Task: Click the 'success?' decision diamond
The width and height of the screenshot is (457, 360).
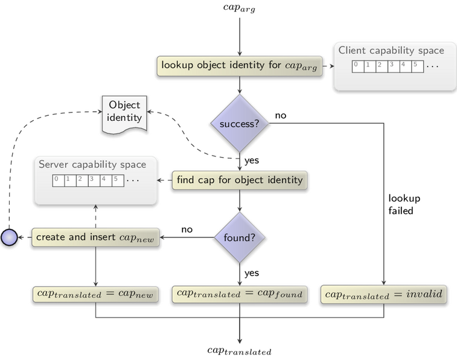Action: click(240, 123)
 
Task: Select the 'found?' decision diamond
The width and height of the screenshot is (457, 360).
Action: click(240, 237)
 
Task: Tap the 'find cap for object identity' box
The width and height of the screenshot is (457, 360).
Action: click(240, 180)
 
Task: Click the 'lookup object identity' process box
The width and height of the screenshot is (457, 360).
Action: click(240, 66)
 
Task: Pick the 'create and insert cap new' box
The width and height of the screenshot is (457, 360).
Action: click(95, 237)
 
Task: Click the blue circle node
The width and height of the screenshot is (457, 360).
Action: click(9, 237)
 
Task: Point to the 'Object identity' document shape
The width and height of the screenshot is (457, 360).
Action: click(124, 115)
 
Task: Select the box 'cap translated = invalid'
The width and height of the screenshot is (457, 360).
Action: click(383, 294)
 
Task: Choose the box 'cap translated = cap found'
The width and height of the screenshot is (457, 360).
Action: click(240, 294)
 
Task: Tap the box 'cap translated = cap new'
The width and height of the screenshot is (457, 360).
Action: click(95, 294)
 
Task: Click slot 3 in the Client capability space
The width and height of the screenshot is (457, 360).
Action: click(394, 66)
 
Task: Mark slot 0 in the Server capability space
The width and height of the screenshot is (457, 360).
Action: click(59, 181)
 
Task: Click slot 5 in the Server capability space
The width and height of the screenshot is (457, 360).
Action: click(118, 181)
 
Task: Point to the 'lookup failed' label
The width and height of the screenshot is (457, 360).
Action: click(404, 204)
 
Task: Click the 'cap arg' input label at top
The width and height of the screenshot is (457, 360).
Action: click(239, 8)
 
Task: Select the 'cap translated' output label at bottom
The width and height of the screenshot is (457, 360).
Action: click(239, 351)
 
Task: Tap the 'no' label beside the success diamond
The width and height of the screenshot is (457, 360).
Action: click(281, 115)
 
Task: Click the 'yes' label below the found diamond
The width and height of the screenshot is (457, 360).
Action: click(252, 274)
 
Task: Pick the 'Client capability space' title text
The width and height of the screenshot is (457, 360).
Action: click(391, 51)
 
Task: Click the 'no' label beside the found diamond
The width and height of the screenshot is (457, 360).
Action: click(187, 230)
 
